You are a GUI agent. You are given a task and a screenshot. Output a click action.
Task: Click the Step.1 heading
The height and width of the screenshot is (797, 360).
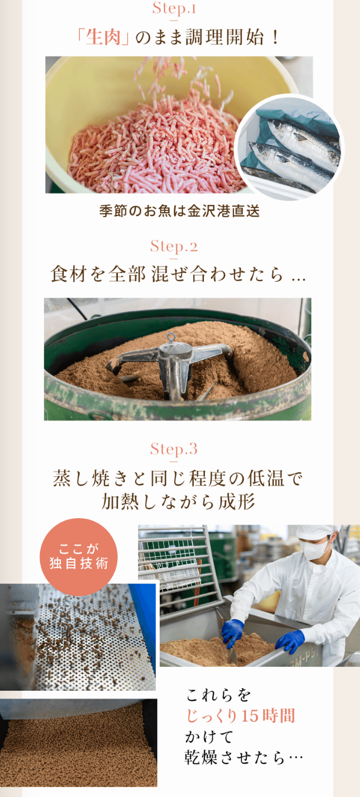pos(174,9)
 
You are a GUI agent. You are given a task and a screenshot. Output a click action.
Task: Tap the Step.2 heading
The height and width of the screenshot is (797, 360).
pos(174,246)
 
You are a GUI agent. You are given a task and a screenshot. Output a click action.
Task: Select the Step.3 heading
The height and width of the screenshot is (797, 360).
pos(174,448)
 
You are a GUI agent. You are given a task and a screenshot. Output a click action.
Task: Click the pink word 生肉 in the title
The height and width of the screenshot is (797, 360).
pos(103,37)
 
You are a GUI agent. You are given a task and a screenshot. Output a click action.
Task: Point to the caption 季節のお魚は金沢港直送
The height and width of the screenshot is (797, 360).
pos(179,211)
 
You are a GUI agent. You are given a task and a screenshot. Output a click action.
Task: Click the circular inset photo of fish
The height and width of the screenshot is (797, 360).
pos(289,148)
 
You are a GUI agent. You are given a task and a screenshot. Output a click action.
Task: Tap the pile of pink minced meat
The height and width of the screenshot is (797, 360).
pos(157,149)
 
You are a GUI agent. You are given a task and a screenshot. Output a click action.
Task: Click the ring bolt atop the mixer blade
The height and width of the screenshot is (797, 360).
pos(171,336)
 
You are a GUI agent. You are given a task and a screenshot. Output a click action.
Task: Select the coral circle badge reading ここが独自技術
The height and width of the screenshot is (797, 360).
pos(78,557)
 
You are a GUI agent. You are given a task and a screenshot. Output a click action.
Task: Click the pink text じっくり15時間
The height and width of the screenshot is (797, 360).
pos(241,716)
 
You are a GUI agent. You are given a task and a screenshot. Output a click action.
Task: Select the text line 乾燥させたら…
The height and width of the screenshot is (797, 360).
pos(244,757)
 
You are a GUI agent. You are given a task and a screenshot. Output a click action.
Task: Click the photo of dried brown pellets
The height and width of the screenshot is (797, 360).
pos(78,742)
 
